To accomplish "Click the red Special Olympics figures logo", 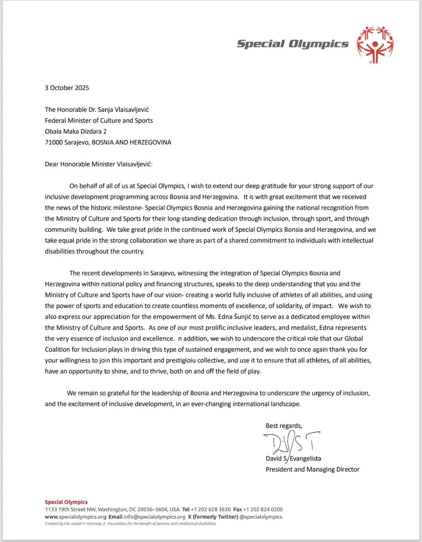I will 375,45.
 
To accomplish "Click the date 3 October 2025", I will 67,88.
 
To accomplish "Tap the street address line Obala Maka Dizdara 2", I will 76,132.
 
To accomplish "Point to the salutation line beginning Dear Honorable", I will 98,165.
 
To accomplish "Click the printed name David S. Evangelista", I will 293,459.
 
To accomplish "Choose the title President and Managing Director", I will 312,470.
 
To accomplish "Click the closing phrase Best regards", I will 284,426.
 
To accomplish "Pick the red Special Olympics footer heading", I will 66,502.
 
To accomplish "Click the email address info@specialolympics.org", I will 154,517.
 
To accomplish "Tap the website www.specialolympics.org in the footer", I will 75,517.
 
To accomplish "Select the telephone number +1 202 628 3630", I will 210,510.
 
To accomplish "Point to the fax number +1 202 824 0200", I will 263,510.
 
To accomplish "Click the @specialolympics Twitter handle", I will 261,517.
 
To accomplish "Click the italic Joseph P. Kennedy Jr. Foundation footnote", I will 131,524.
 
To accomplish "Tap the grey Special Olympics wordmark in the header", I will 293,44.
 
